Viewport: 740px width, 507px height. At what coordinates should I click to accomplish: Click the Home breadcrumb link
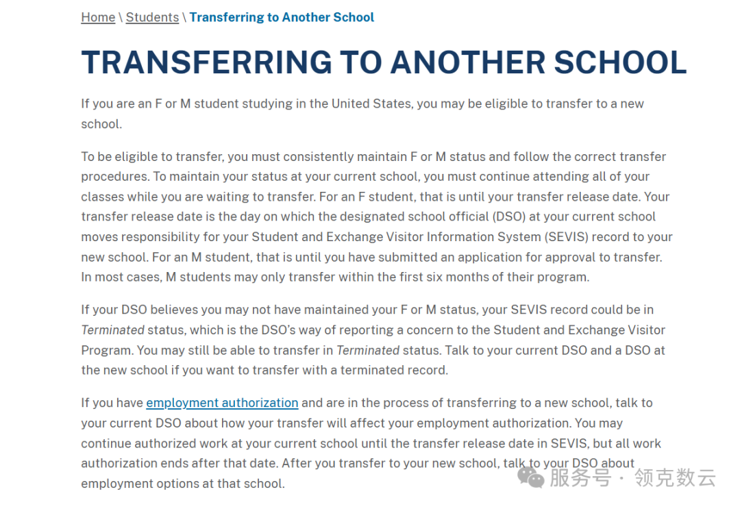tap(98, 17)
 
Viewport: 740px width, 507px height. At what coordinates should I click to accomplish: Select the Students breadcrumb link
tap(152, 17)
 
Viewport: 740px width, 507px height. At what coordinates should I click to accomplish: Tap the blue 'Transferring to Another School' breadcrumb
tap(282, 17)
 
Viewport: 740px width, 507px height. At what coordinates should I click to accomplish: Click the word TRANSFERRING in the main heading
tap(202, 62)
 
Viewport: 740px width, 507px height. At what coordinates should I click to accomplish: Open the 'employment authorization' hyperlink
tap(222, 403)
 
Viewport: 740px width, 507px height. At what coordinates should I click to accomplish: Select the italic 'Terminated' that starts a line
tap(112, 330)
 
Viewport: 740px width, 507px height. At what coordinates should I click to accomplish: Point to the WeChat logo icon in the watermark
tap(530, 477)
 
